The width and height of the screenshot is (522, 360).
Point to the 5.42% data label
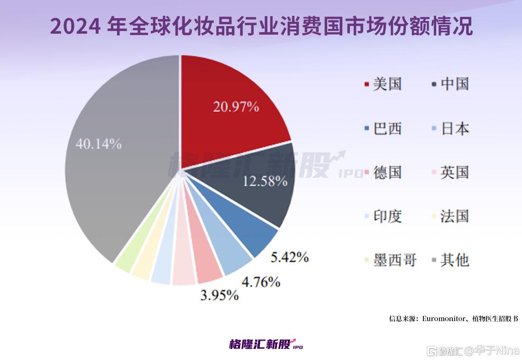point(290,258)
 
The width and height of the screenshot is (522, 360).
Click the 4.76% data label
point(261,282)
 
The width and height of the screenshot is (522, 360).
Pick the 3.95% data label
point(219,295)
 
